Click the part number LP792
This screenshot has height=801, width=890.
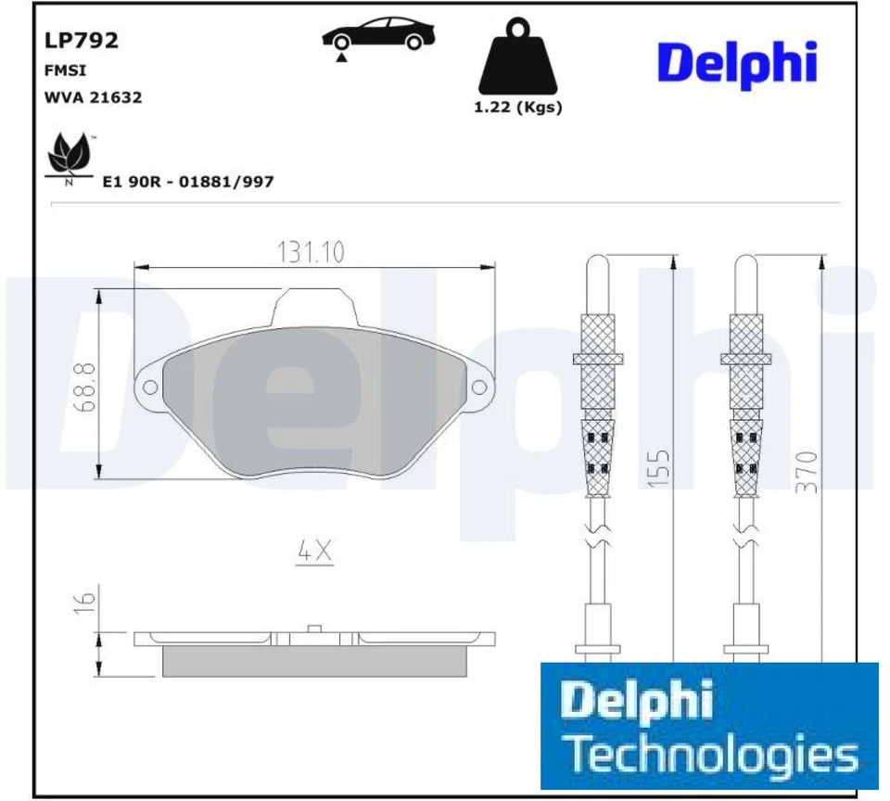click(82, 40)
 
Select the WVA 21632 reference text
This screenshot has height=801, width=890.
click(93, 97)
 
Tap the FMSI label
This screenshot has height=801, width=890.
click(61, 70)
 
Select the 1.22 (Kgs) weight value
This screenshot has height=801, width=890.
click(517, 107)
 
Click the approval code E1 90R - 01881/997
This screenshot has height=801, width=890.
click(187, 182)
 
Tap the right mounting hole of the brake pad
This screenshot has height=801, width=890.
click(479, 387)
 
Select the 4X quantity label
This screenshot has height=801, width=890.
click(314, 552)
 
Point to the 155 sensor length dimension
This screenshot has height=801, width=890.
click(659, 469)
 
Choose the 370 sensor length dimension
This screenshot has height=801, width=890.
click(807, 469)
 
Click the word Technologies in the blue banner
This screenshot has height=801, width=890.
click(712, 755)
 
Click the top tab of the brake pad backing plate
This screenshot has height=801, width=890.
click(317, 306)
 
